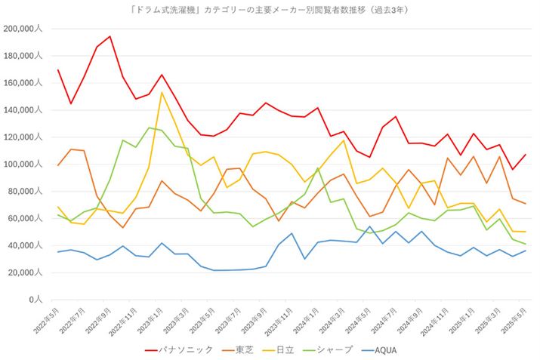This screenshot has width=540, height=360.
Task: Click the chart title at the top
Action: tap(270, 10)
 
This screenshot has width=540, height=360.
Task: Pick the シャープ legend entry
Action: tap(337, 349)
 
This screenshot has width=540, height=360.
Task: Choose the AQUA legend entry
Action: tap(396, 349)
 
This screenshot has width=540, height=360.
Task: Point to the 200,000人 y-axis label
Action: tap(23, 29)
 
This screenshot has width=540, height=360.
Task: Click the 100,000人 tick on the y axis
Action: tap(23, 165)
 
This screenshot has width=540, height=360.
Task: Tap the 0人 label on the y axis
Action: tap(37, 300)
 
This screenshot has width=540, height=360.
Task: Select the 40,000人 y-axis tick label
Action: tap(26, 246)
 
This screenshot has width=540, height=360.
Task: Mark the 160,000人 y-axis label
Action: tap(23, 83)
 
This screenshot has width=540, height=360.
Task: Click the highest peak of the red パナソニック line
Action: tap(110, 36)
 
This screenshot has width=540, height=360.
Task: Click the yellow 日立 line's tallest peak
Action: tap(162, 93)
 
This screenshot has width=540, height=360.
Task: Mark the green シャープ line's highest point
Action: tap(149, 128)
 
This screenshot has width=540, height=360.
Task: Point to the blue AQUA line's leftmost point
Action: tap(57, 251)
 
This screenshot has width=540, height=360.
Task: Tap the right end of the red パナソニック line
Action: tap(526, 155)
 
